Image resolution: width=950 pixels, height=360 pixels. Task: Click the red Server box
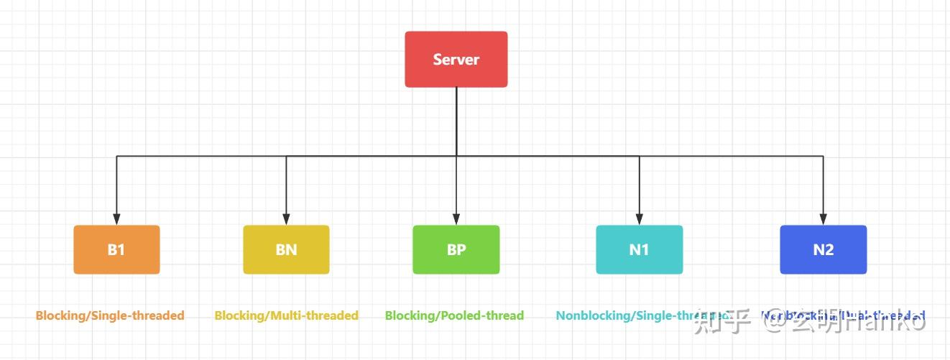click(x=456, y=59)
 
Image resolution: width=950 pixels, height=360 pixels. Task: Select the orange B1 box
click(x=116, y=249)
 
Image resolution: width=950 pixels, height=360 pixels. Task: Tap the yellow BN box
click(x=286, y=249)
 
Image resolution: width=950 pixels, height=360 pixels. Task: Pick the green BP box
click(x=456, y=249)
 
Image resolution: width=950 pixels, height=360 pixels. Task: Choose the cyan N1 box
click(x=639, y=249)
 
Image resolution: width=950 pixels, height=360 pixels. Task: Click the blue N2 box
click(x=824, y=249)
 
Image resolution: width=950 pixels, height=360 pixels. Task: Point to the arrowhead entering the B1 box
click(x=116, y=219)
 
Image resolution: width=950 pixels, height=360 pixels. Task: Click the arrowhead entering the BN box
click(x=286, y=219)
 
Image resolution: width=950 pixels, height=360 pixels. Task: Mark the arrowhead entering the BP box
click(x=456, y=219)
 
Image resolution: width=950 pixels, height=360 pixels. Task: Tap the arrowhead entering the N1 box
click(x=639, y=219)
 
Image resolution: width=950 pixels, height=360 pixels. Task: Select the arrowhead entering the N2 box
click(x=824, y=219)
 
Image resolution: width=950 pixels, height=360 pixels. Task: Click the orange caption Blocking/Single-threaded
click(x=110, y=315)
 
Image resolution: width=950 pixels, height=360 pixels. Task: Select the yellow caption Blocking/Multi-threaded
click(x=286, y=315)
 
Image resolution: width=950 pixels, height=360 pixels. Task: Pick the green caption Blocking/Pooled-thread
click(x=454, y=315)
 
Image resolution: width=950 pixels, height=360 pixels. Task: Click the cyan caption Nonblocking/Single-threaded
click(x=632, y=315)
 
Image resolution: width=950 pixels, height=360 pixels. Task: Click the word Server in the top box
click(x=456, y=59)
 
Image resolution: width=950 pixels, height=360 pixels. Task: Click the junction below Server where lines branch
click(x=456, y=155)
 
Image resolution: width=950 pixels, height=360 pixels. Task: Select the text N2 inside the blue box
click(x=824, y=249)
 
